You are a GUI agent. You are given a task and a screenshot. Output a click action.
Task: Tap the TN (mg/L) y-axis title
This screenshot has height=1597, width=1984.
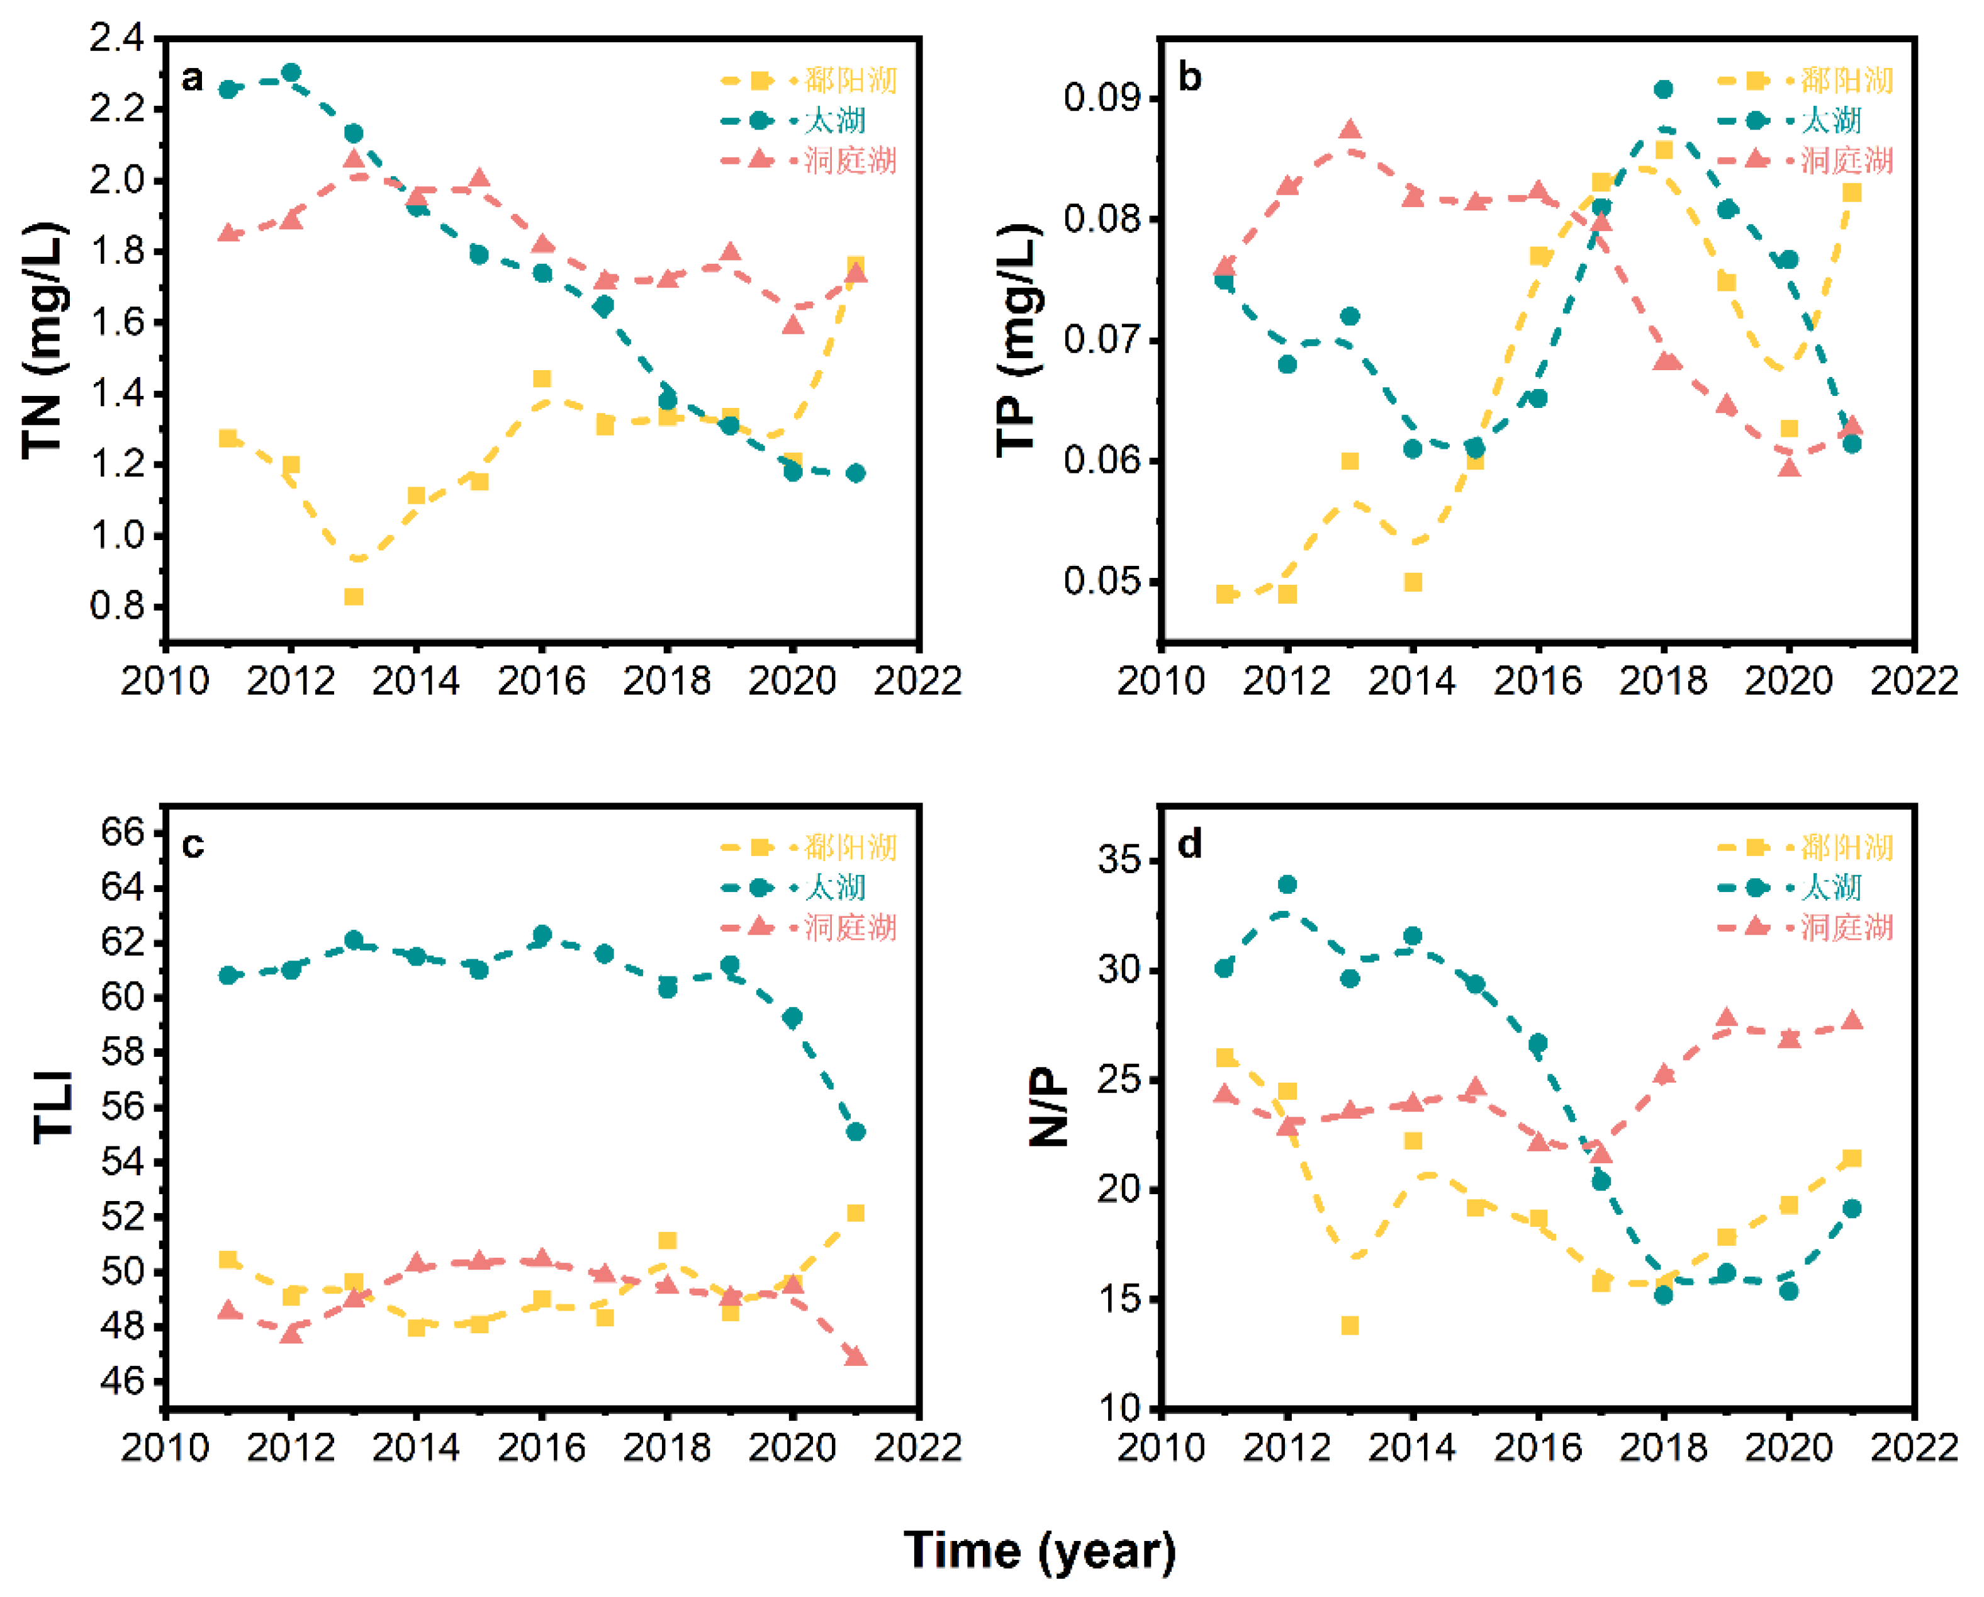(43, 341)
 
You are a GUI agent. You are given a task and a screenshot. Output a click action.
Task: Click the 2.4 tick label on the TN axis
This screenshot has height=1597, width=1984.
(117, 38)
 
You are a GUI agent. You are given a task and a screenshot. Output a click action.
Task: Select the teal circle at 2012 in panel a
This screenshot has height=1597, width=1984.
(291, 73)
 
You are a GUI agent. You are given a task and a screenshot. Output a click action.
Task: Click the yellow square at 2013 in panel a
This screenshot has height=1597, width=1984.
(354, 597)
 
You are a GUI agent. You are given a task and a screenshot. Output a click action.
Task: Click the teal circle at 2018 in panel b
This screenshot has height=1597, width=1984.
(1663, 89)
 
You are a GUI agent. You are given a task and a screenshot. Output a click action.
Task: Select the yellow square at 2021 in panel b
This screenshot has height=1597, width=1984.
(1851, 193)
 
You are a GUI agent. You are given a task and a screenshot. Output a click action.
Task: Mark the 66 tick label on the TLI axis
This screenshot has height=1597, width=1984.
(123, 832)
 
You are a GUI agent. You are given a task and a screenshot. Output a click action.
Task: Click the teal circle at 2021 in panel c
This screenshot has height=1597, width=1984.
(856, 1131)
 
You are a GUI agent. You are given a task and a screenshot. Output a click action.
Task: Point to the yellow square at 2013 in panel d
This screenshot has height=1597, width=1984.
(1350, 1326)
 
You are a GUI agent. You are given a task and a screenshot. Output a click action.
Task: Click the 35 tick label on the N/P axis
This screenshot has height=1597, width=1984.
(1118, 861)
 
